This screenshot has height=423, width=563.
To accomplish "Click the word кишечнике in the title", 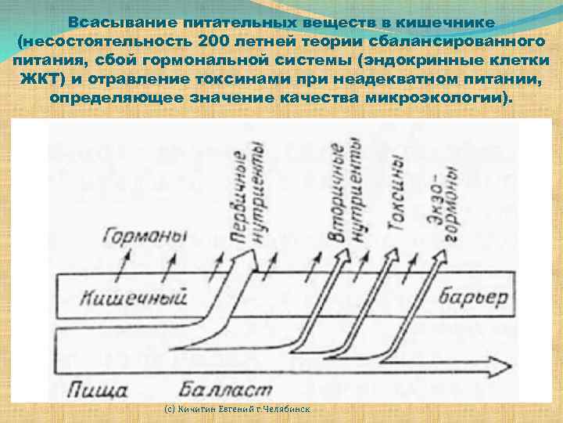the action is click(445, 22).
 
